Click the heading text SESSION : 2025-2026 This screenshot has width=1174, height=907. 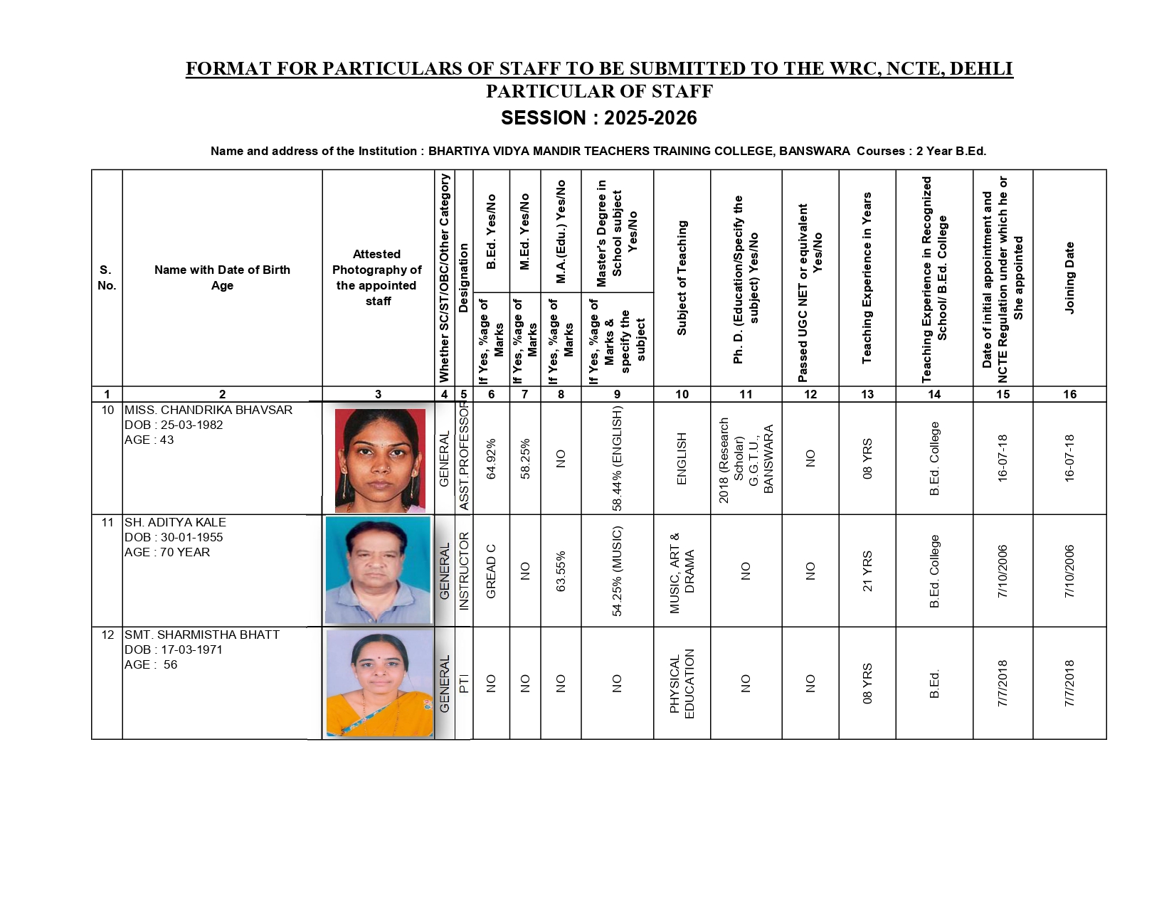[598, 118]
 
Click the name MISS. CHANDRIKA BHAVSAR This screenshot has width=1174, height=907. [208, 410]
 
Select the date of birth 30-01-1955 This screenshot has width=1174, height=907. [191, 538]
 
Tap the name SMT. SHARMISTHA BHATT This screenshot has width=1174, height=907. [201, 635]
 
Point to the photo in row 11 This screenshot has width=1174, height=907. [378, 571]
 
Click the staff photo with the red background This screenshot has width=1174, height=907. [380, 460]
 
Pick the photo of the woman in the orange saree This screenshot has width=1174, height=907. [379, 683]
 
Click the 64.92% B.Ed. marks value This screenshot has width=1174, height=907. [491, 459]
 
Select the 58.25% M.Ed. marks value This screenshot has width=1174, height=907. [525, 459]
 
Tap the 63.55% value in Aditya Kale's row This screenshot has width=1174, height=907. [561, 571]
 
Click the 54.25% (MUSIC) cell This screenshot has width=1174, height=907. [617, 571]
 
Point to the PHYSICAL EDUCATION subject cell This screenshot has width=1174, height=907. [682, 684]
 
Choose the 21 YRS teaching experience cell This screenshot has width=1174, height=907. [867, 571]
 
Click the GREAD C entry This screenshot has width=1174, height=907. [491, 571]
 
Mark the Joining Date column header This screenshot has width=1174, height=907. [1069, 278]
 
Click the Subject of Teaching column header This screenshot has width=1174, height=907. [682, 278]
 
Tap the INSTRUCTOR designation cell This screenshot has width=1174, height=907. [464, 571]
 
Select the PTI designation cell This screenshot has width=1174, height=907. [464, 684]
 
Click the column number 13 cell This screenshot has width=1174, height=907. [867, 394]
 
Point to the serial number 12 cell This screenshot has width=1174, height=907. [107, 635]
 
